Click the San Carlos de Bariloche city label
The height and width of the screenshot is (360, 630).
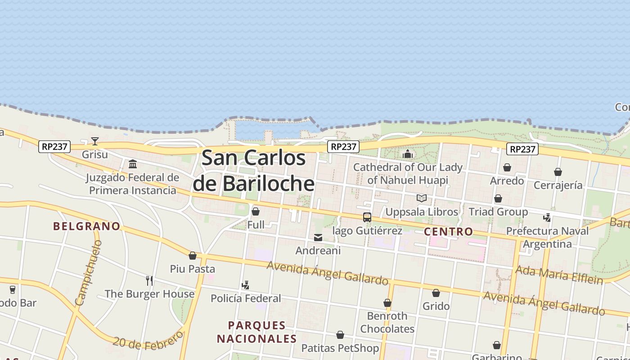pyautogui.click(x=254, y=171)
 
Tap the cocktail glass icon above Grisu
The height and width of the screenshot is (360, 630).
pyautogui.click(x=95, y=141)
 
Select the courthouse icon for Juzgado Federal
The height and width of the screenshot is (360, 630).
pyautogui.click(x=133, y=164)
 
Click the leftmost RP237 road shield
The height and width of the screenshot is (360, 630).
pyautogui.click(x=54, y=146)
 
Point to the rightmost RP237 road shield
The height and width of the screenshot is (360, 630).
pyautogui.click(x=522, y=149)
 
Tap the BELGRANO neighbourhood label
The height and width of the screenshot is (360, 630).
pyautogui.click(x=87, y=226)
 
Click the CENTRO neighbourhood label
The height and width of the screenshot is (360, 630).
pyautogui.click(x=449, y=232)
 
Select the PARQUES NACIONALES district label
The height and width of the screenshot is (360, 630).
pyautogui.click(x=257, y=332)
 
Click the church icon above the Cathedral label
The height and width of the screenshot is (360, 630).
pyautogui.click(x=408, y=154)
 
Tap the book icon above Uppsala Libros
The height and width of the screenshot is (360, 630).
pyautogui.click(x=422, y=198)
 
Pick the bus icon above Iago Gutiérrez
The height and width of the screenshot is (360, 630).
pyautogui.click(x=367, y=217)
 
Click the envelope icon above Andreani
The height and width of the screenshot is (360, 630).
pyautogui.click(x=318, y=238)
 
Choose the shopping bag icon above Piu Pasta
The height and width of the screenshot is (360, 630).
pyautogui.click(x=193, y=256)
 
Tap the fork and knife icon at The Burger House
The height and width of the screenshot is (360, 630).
pyautogui.click(x=149, y=281)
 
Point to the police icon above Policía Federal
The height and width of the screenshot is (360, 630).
pyautogui.click(x=245, y=285)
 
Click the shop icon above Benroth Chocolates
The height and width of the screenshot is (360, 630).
pyautogui.click(x=387, y=303)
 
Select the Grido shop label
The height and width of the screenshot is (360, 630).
pyautogui.click(x=436, y=306)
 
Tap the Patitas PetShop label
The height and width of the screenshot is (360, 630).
pyautogui.click(x=340, y=348)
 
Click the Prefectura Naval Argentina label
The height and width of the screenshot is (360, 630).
pyautogui.click(x=547, y=237)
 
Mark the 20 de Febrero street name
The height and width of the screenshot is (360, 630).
pyautogui.click(x=148, y=341)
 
